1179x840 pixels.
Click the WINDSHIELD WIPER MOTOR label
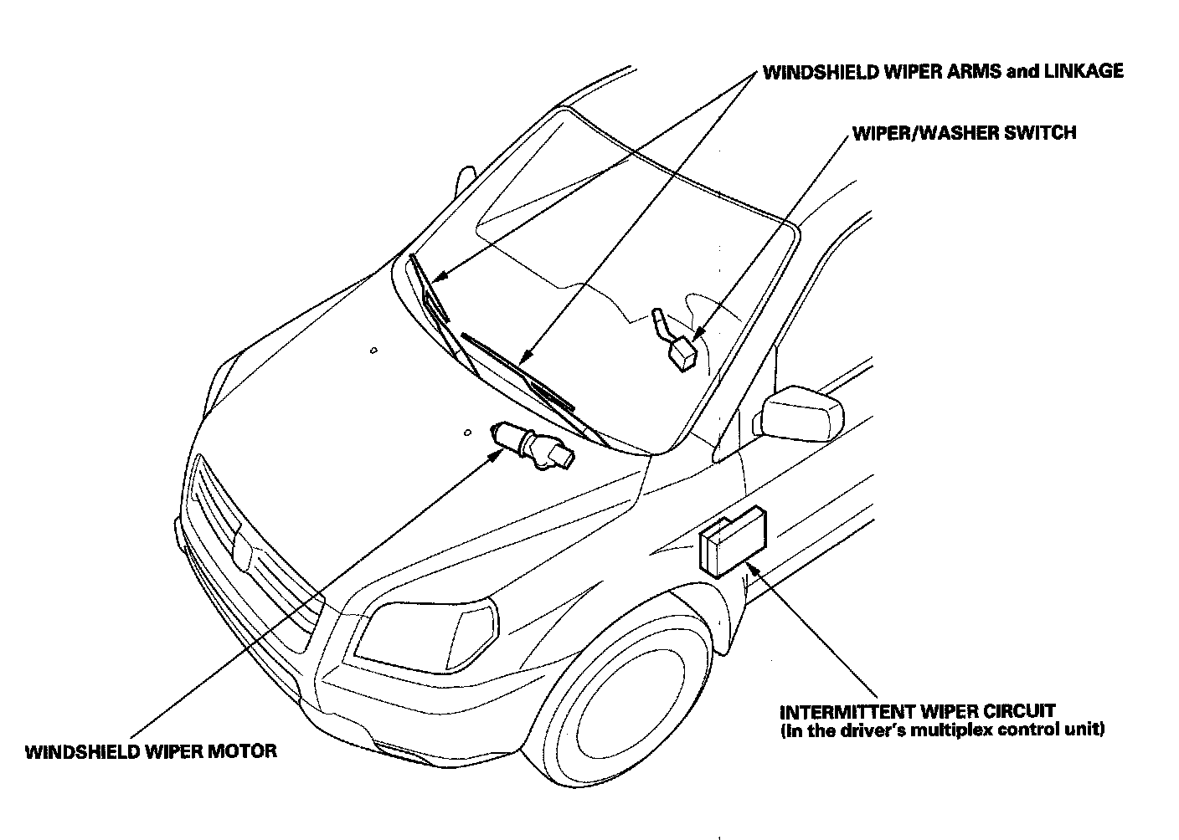click(151, 750)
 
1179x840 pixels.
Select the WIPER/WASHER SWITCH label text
click(964, 132)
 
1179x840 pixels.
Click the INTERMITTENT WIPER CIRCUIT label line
click(917, 712)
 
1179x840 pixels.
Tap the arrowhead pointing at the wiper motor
click(496, 453)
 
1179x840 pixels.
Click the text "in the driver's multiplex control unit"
click(942, 730)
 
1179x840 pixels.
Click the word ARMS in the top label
click(972, 71)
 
